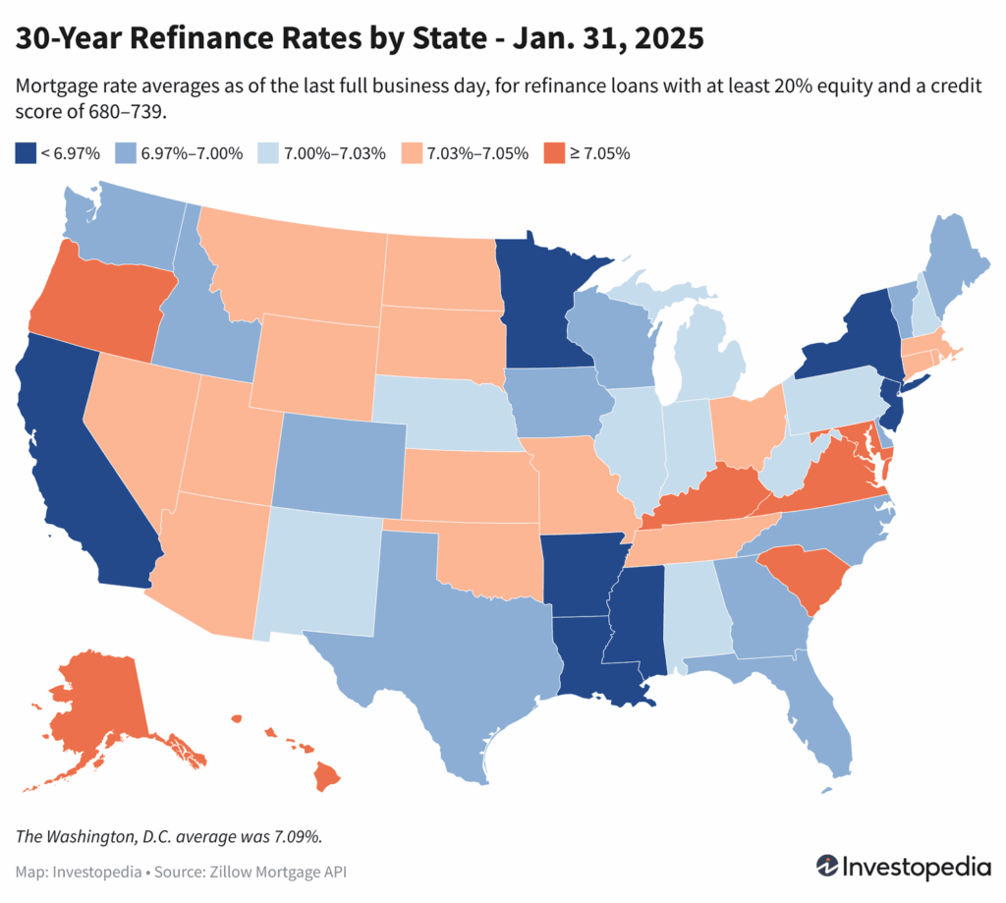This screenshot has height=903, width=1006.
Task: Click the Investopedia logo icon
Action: pos(829,868)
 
